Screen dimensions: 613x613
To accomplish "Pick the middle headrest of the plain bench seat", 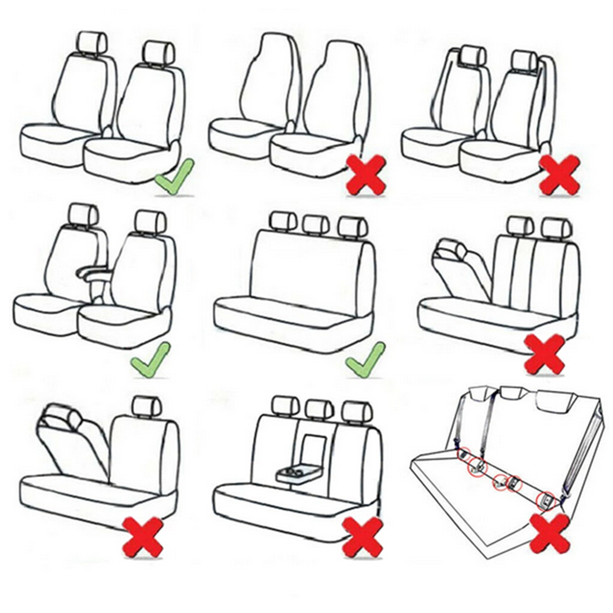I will [316, 222].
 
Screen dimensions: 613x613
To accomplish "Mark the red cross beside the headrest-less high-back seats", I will [366, 175].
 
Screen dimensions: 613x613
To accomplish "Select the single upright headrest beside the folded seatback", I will [147, 406].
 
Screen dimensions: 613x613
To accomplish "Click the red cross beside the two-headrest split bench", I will [545, 354].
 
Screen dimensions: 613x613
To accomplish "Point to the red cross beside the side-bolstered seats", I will [560, 174].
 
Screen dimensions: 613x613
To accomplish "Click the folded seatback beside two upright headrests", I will [460, 266].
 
